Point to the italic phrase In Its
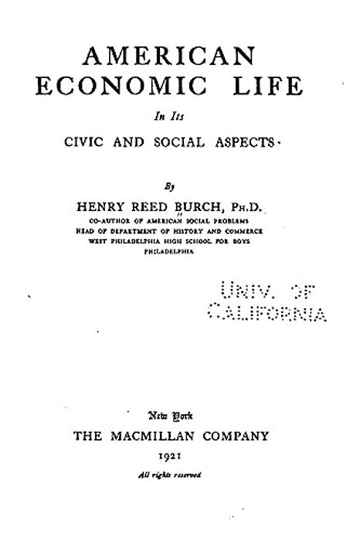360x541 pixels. point(180,117)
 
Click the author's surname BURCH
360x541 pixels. point(203,206)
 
